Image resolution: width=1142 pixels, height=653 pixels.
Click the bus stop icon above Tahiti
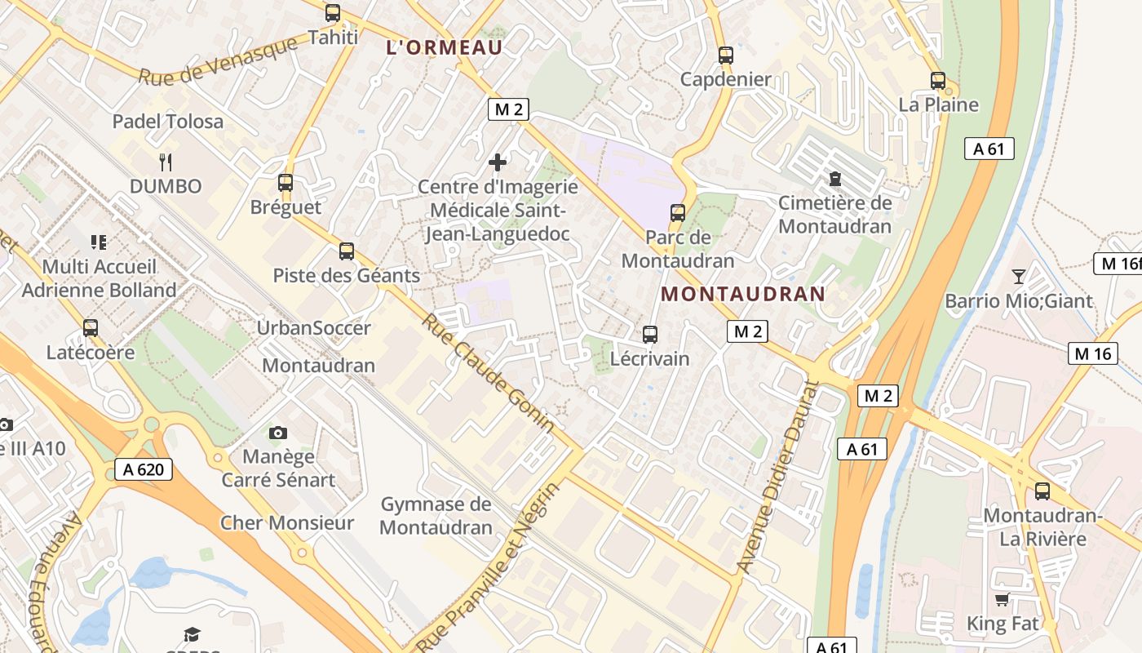pos(333,13)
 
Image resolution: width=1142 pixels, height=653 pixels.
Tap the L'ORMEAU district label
pos(445,47)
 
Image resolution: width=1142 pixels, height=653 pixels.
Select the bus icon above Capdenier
pos(726,56)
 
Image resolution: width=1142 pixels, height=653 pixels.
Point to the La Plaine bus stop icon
pos(938,81)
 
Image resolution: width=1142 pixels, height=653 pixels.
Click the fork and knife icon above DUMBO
pos(166,162)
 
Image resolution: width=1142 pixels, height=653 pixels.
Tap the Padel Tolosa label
pos(167,122)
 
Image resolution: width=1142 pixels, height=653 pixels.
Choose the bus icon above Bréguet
pos(285,183)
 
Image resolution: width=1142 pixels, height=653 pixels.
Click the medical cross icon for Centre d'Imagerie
pos(498,162)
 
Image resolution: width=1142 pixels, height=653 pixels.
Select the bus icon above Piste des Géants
pos(347,251)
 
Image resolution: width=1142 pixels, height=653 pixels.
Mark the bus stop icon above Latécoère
pos(91,328)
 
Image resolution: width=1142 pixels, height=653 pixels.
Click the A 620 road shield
pos(144,469)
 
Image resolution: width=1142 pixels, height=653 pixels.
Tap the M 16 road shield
pos(1093,353)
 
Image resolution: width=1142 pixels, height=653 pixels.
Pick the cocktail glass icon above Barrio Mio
pos(1019,276)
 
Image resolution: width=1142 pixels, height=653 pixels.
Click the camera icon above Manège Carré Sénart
pos(278,432)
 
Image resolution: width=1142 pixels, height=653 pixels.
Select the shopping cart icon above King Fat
pos(1003,600)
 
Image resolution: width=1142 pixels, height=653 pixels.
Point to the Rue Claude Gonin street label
pos(487,373)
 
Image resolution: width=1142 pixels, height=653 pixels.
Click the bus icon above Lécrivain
pos(650,334)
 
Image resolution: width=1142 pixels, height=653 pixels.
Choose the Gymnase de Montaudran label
pos(436,516)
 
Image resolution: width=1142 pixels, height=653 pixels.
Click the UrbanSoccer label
pos(314,328)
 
